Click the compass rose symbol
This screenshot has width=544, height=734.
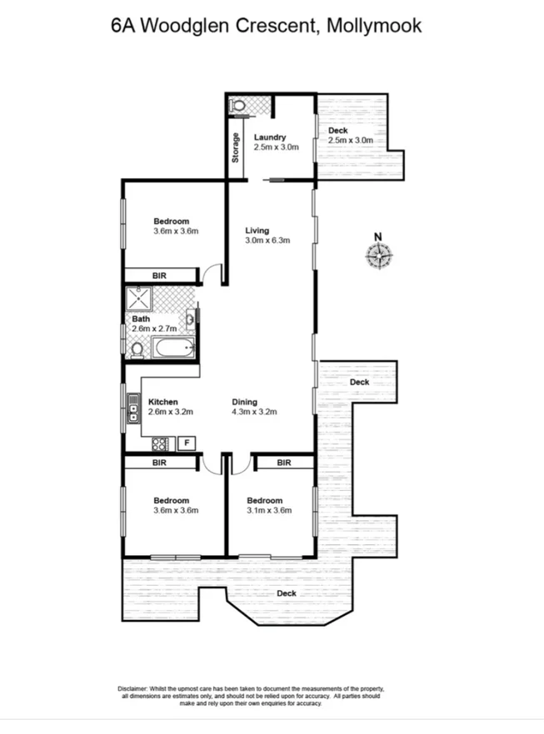pyautogui.click(x=379, y=255)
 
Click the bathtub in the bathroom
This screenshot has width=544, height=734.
pyautogui.click(x=172, y=349)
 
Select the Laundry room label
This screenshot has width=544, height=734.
pyautogui.click(x=271, y=137)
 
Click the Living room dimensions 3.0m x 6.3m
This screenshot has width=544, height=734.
pyautogui.click(x=267, y=241)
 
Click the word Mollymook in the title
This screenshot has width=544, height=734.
pyautogui.click(x=375, y=26)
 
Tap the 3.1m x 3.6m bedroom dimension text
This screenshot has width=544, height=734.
pyautogui.click(x=269, y=511)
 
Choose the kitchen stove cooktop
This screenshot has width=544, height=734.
pyautogui.click(x=161, y=443)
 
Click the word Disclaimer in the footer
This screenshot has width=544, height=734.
pyautogui.click(x=132, y=689)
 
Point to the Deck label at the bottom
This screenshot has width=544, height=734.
pyautogui.click(x=287, y=593)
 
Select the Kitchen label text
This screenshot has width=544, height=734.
pyautogui.click(x=163, y=401)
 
